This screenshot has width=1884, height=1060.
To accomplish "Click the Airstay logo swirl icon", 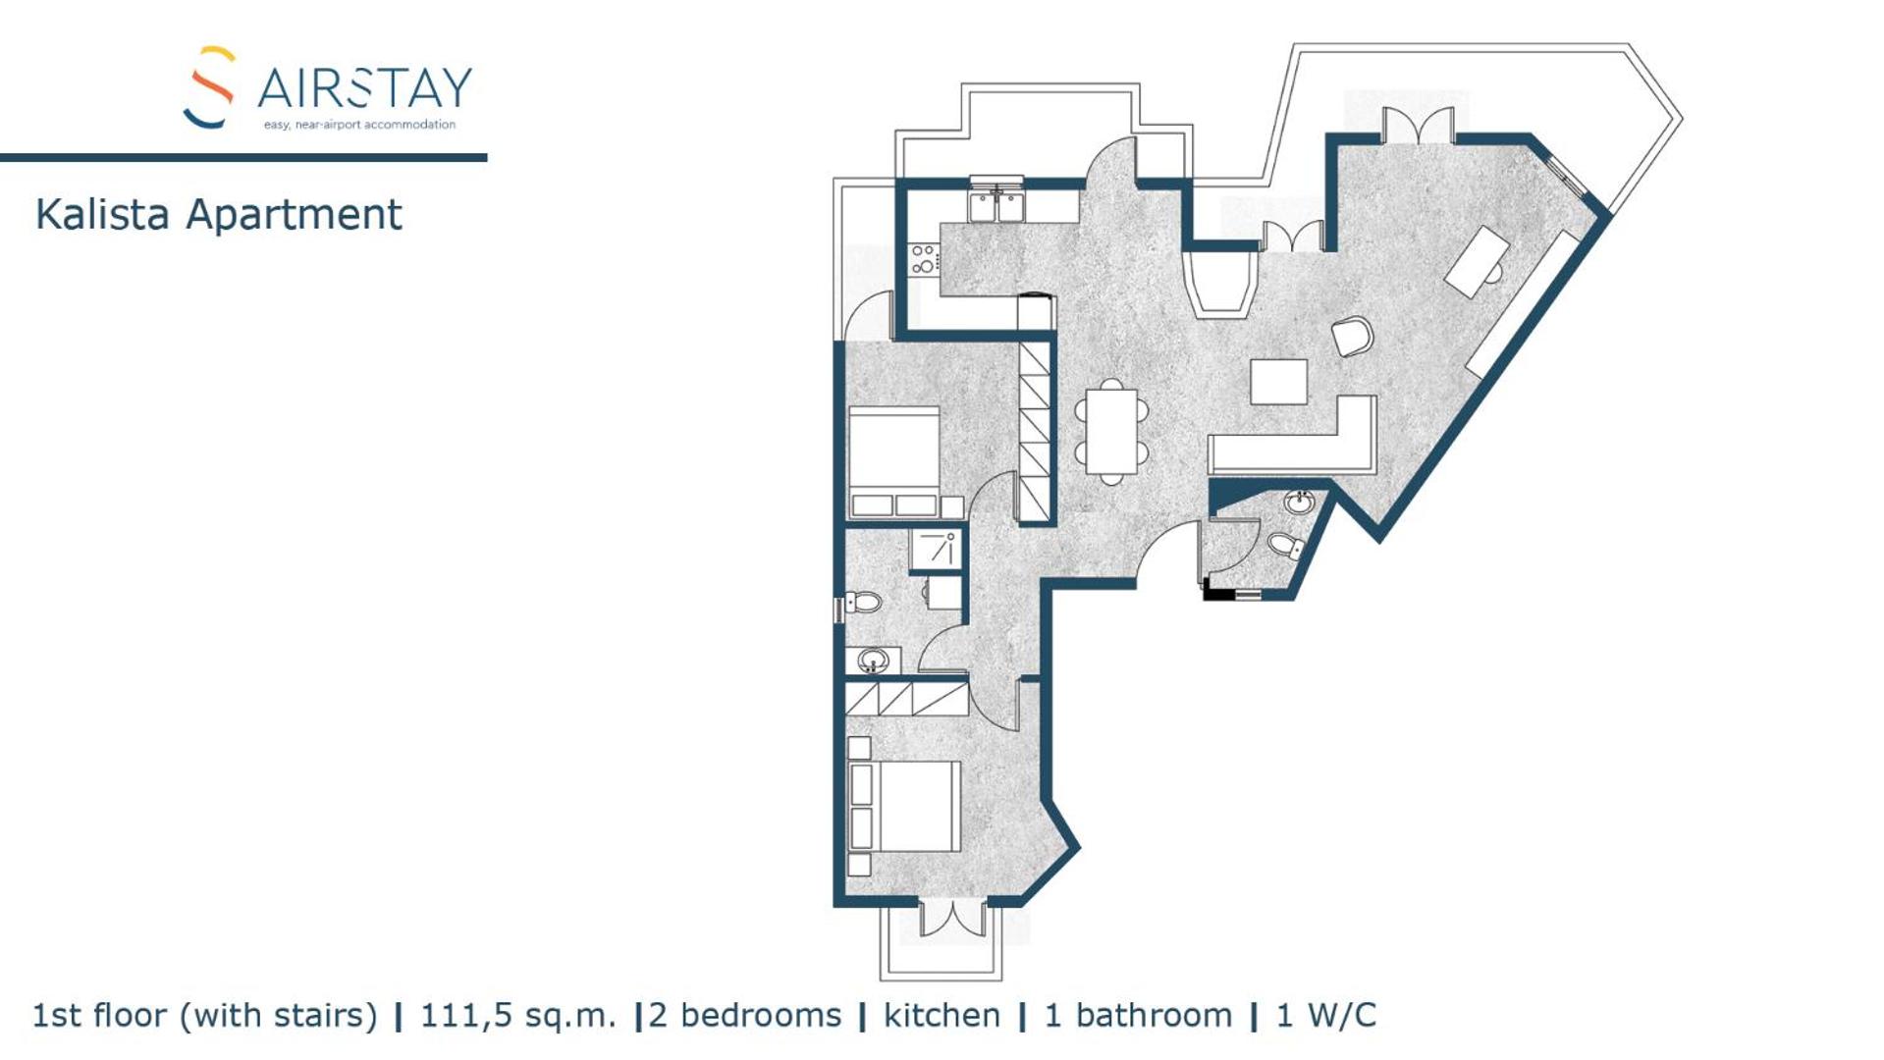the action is tap(209, 86).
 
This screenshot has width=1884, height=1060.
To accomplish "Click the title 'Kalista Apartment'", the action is tap(218, 214).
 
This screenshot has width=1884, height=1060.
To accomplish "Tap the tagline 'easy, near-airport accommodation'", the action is tap(359, 125).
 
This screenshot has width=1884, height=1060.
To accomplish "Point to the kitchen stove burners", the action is tap(923, 259).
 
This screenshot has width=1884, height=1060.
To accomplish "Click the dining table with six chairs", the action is tap(1111, 432).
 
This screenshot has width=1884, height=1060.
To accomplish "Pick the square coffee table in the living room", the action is tap(1278, 382).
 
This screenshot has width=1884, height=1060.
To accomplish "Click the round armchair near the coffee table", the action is tap(1352, 337).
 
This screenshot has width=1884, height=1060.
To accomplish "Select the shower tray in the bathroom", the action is tap(936, 549).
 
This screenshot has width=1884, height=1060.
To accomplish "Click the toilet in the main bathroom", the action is tap(861, 602).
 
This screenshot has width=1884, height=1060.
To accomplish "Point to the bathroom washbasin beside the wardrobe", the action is tap(873, 661).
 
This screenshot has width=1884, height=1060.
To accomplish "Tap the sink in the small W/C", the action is tap(1299, 503).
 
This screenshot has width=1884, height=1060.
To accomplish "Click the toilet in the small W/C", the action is tap(1285, 545).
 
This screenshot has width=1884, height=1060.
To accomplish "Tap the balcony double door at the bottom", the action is tap(951, 919).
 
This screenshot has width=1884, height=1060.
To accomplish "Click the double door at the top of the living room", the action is tap(1418, 126).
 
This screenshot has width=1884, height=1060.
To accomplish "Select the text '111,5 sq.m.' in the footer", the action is tap(518, 1016).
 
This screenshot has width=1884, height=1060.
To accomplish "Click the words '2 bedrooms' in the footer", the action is tap(745, 1016).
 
